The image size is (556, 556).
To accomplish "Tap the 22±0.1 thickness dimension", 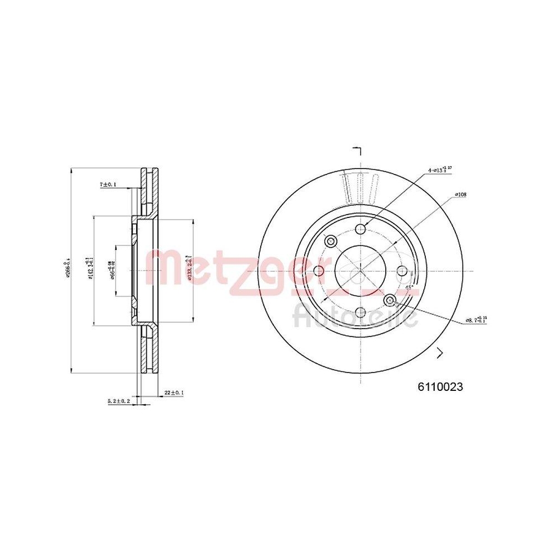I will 174,393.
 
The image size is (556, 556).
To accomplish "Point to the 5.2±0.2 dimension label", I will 118,400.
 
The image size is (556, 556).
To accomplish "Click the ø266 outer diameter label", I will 69,270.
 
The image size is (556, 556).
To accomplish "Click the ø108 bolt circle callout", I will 460,195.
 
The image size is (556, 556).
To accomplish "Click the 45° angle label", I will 409,288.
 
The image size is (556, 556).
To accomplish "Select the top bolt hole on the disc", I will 361,229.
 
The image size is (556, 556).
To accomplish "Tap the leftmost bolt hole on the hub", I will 319,271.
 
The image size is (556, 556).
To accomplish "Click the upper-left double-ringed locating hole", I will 331,241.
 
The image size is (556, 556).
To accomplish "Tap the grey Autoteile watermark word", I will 355,317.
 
